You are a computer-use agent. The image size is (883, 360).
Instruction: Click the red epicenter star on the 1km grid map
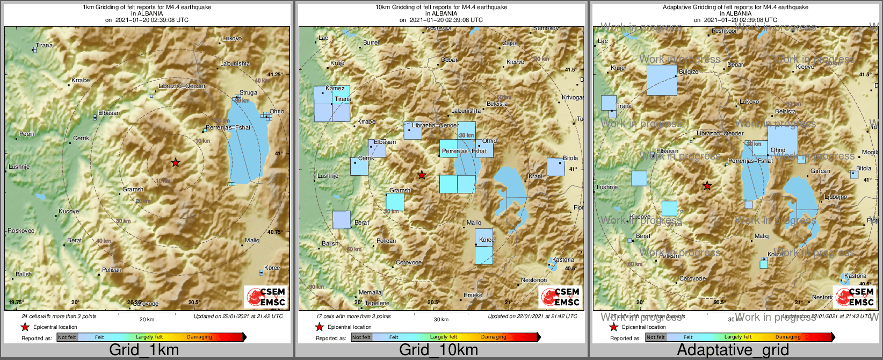click(176, 162)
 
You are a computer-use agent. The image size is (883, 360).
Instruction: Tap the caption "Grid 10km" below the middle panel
click(438, 350)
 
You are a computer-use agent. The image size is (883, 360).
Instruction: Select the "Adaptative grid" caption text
click(733, 350)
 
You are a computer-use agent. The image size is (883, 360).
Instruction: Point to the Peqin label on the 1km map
click(27, 134)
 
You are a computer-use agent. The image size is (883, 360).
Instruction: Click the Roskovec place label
click(21, 231)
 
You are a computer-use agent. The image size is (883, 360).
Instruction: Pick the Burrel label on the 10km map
click(371, 42)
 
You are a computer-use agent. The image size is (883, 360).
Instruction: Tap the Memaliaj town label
click(371, 292)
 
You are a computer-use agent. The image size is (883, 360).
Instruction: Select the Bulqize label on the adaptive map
click(689, 71)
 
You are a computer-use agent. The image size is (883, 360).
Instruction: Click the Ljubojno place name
click(835, 197)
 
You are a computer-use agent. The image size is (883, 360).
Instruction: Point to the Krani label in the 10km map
click(535, 176)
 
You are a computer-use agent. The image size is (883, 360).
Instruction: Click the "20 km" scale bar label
click(147, 320)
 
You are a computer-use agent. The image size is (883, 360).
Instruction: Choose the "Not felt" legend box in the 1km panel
click(67, 337)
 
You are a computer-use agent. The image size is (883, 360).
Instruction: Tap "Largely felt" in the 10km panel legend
click(444, 337)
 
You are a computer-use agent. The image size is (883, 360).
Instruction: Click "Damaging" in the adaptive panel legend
click(788, 337)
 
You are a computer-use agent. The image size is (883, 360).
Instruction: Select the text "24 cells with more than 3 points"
click(59, 316)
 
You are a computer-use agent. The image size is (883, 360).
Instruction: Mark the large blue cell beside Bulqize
click(662, 80)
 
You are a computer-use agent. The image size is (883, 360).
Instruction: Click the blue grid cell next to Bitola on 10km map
click(555, 167)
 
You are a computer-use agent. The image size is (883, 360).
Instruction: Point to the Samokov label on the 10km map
click(546, 28)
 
